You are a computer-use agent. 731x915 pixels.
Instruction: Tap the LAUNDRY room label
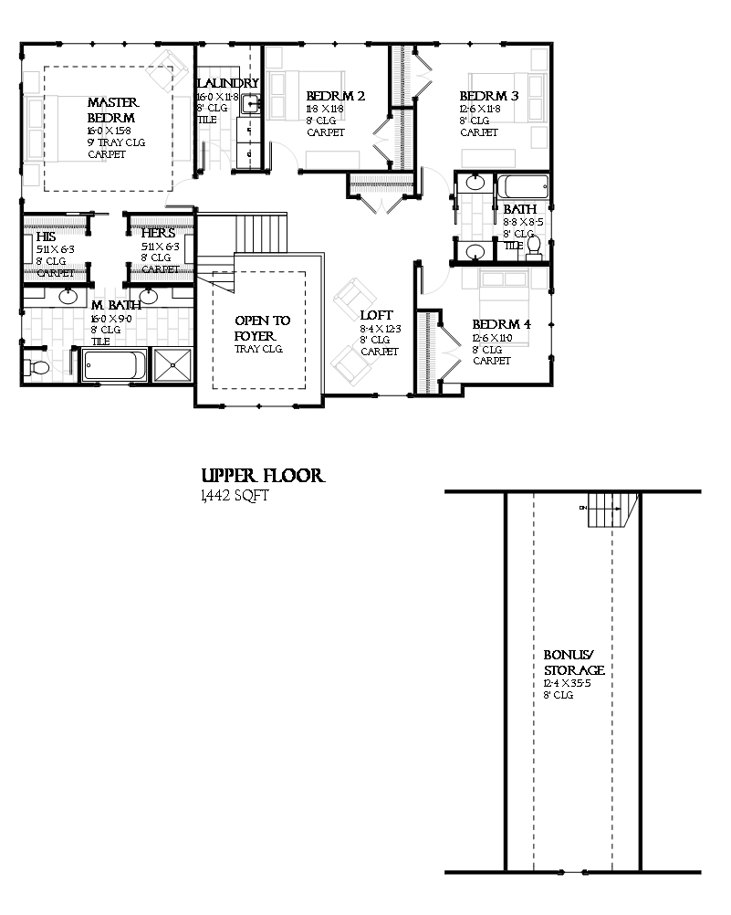[229, 83]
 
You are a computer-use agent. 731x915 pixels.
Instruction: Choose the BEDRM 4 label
[502, 324]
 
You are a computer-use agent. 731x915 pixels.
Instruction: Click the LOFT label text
[377, 316]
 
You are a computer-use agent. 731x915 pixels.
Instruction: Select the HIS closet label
[47, 236]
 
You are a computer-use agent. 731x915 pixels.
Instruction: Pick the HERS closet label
[158, 234]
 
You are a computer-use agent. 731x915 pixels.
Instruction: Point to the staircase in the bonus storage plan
[606, 508]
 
